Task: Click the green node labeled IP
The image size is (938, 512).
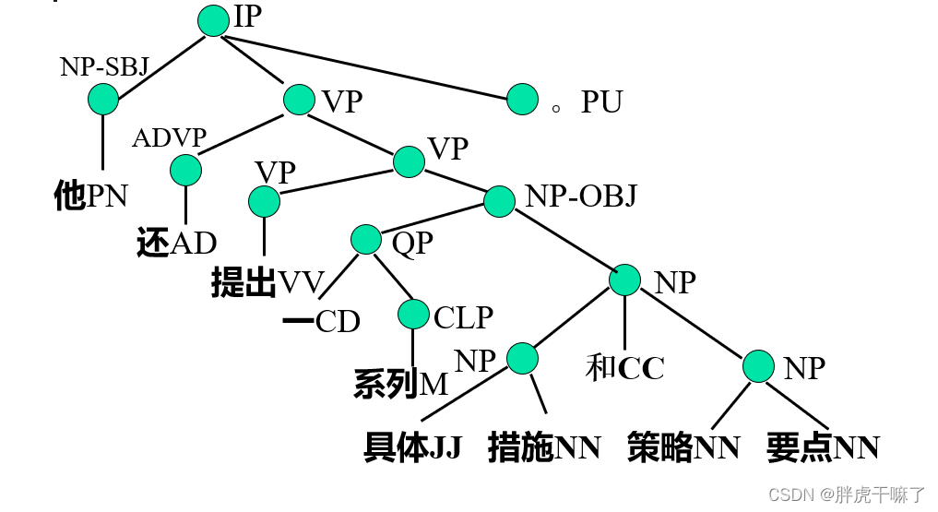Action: tap(213, 20)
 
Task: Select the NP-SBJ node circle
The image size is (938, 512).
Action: tap(103, 99)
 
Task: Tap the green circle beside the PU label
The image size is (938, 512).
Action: tap(522, 99)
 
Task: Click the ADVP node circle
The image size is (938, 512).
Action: tap(185, 170)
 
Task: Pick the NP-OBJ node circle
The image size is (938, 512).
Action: tap(499, 200)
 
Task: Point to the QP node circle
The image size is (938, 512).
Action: tap(366, 240)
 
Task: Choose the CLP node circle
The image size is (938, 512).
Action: tap(413, 315)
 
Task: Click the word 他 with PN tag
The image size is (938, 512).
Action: tap(90, 196)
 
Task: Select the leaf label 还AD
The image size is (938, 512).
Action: tap(175, 243)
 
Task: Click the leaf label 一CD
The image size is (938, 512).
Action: tap(320, 321)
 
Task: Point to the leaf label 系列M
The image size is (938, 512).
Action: tap(400, 384)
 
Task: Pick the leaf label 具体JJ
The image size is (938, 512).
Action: tap(411, 447)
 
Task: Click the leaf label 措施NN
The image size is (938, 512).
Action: tap(544, 447)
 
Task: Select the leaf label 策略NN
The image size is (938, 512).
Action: tap(683, 447)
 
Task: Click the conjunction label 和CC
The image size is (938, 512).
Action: tap(624, 368)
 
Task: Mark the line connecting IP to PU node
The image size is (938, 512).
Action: tap(369, 60)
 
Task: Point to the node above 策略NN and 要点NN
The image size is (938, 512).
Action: tap(759, 366)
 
